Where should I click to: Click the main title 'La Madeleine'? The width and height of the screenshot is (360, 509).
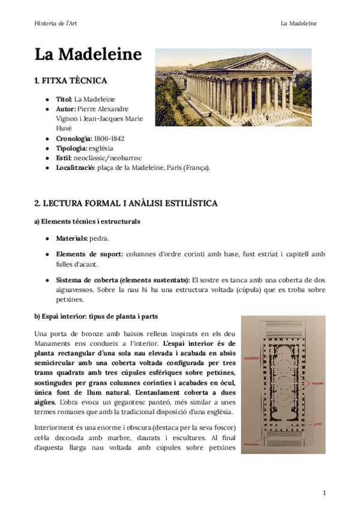point(88,55)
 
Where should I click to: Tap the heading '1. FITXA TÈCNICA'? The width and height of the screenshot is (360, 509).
point(71,80)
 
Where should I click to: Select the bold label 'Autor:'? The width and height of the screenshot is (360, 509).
point(65,109)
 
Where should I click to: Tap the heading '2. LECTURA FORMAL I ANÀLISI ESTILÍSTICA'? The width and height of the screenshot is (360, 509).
point(125,203)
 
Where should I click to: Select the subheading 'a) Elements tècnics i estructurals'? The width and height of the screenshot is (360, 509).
point(87,221)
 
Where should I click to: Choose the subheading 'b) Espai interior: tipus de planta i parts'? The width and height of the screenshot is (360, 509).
point(97,316)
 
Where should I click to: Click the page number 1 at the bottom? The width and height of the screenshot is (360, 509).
point(324,493)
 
